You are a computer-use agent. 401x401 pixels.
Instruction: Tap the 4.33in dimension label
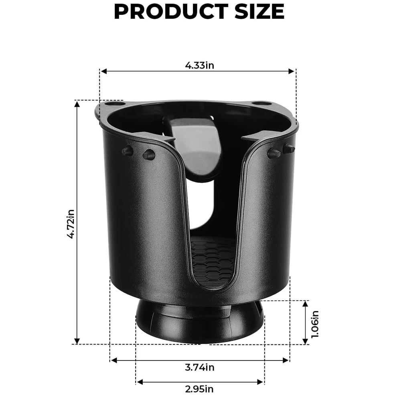[x=199, y=65]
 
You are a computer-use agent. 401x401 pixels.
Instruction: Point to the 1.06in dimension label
[x=315, y=324]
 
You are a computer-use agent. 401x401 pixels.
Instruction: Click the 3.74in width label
[x=199, y=367]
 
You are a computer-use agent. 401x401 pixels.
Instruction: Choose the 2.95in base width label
[x=199, y=388]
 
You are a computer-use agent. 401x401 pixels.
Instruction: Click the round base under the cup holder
[x=199, y=323]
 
